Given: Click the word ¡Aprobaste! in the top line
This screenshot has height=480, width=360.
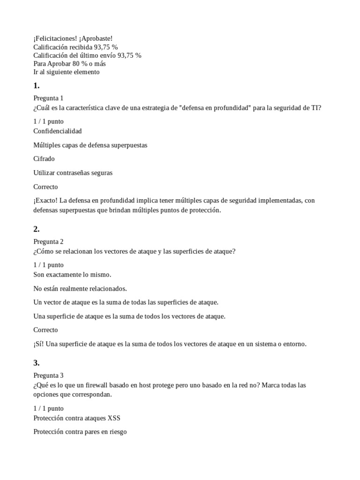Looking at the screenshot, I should pyautogui.click(x=96, y=38).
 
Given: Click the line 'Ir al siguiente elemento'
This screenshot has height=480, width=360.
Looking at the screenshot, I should pyautogui.click(x=67, y=72).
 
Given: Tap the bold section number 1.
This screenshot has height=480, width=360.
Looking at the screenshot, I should pyautogui.click(x=36, y=86).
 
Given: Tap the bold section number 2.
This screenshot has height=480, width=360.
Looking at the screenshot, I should pyautogui.click(x=36, y=229).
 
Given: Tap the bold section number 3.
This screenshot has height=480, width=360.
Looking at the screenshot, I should pyautogui.click(x=36, y=363).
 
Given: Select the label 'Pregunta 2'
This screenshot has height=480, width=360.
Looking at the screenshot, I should pyautogui.click(x=48, y=241).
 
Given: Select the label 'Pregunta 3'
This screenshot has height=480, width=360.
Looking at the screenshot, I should pyautogui.click(x=48, y=375).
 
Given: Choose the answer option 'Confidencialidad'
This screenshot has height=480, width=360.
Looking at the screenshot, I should pyautogui.click(x=58, y=131).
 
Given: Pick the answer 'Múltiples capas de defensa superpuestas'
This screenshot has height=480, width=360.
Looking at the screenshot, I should pyautogui.click(x=90, y=145).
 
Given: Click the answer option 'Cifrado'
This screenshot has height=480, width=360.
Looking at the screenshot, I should pyautogui.click(x=45, y=159).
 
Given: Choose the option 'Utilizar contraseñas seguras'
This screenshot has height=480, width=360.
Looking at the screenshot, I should pyautogui.click(x=73, y=172).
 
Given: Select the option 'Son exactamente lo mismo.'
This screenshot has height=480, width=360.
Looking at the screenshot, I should pyautogui.click(x=72, y=274).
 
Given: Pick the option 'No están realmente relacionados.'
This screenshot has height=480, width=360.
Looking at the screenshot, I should pyautogui.click(x=80, y=288).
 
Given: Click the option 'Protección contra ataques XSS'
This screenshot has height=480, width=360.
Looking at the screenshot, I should pyautogui.click(x=80, y=418).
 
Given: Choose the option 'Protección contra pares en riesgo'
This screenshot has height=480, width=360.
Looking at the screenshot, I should pyautogui.click(x=80, y=432).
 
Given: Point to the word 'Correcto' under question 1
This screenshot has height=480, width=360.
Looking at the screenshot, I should pyautogui.click(x=45, y=187).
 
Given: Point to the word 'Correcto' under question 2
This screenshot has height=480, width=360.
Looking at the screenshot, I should pyautogui.click(x=45, y=330).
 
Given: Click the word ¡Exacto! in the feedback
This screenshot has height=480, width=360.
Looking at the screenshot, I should pyautogui.click(x=45, y=201).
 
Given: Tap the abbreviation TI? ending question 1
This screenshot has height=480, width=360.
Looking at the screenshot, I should pyautogui.click(x=316, y=108).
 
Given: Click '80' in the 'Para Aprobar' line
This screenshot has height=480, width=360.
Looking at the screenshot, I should pyautogui.click(x=75, y=64).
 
